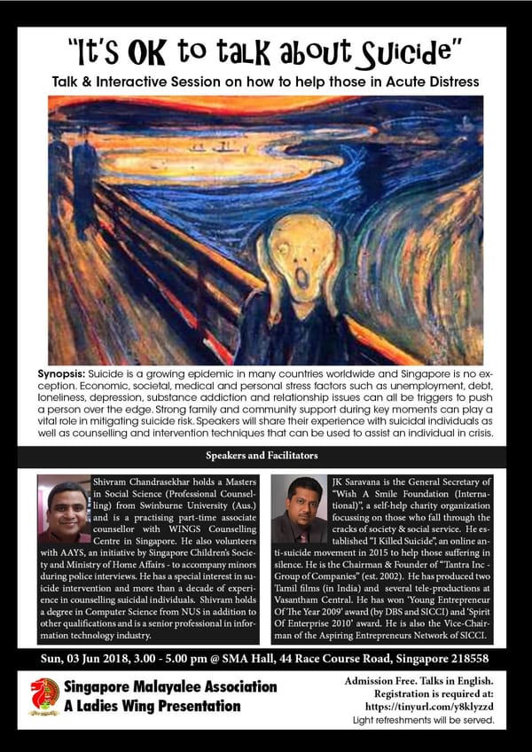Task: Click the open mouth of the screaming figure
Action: (301, 279)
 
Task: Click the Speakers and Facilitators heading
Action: (266, 458)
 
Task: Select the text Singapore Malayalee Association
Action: (169, 687)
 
